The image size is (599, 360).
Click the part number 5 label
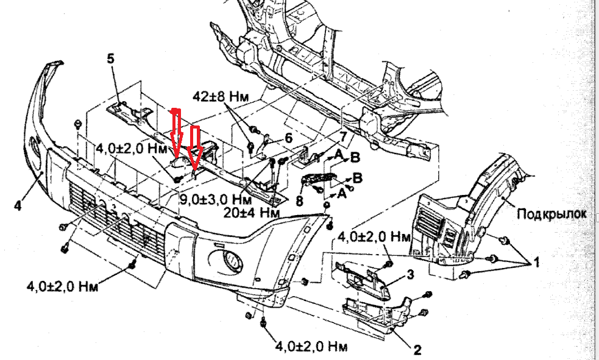point(112,59)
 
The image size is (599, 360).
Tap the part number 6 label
point(288,138)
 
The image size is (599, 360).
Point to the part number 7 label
point(344,136)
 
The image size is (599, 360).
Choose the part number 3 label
point(410,275)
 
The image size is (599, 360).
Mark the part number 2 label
point(417,350)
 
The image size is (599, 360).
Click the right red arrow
point(195,146)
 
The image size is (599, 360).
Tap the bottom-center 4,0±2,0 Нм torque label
point(311,347)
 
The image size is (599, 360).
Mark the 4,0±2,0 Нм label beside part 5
point(131,148)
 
